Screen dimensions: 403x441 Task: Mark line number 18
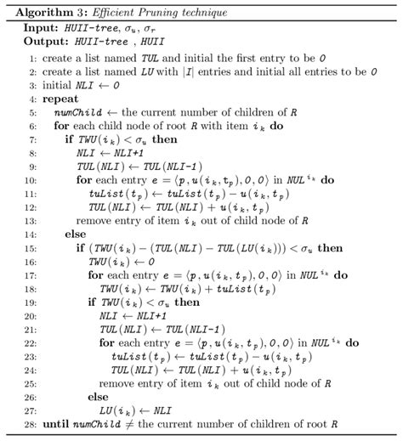pos(31,287)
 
